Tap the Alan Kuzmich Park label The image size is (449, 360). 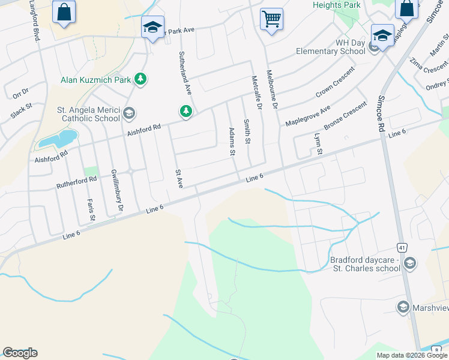[x=96, y=79]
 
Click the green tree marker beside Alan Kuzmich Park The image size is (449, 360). [x=140, y=79]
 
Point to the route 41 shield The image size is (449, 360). [x=402, y=247]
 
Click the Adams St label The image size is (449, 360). [x=232, y=141]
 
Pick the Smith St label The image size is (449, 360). [x=246, y=131]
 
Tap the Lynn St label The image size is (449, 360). [x=319, y=145]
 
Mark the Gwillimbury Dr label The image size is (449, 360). [x=116, y=191]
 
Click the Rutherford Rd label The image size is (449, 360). [x=76, y=179]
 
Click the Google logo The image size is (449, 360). [x=20, y=353]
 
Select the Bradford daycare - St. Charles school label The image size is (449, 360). [x=365, y=264]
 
